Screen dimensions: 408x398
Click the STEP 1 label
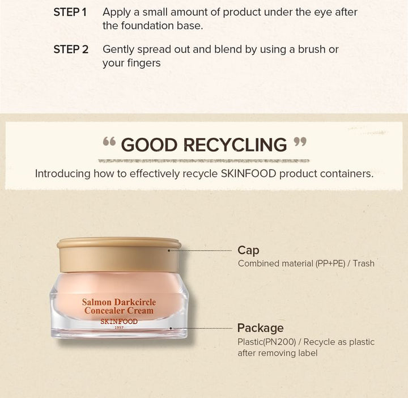[x=70, y=12]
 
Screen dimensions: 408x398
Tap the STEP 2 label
[x=71, y=49]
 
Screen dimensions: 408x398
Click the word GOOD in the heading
[x=150, y=145]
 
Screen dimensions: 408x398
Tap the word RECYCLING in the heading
[x=236, y=145]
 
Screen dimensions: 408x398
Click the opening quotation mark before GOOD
[x=109, y=142]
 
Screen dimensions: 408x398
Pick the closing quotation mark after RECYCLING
[x=300, y=142]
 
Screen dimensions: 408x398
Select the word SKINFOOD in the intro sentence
[x=249, y=173]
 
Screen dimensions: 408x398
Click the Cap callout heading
[x=248, y=251]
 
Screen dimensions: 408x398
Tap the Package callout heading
[x=261, y=328]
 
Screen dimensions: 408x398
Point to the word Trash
[x=364, y=264]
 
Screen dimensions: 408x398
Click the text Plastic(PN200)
[x=267, y=342]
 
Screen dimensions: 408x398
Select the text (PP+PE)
[x=330, y=264]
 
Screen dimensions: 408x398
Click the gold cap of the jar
[x=119, y=255]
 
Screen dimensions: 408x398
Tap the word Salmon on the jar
[x=96, y=302]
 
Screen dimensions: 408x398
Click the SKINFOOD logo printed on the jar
[x=119, y=321]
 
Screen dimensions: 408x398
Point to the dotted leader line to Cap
[x=200, y=251]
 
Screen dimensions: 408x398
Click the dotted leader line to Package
[x=201, y=328]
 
